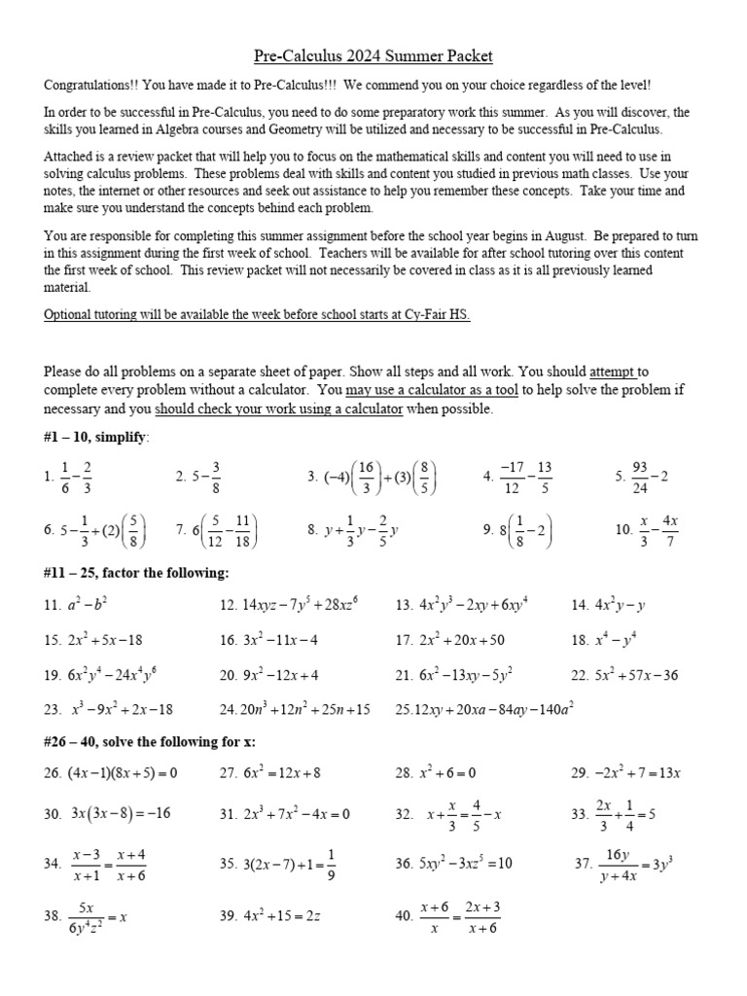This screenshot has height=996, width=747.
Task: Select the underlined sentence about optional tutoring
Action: pyautogui.click(x=257, y=315)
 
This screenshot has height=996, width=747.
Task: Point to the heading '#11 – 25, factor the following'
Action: pyautogui.click(x=137, y=573)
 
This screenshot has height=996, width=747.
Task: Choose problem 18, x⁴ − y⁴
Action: pyautogui.click(x=610, y=640)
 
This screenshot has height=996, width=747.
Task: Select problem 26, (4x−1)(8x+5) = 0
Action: pyautogui.click(x=111, y=773)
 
